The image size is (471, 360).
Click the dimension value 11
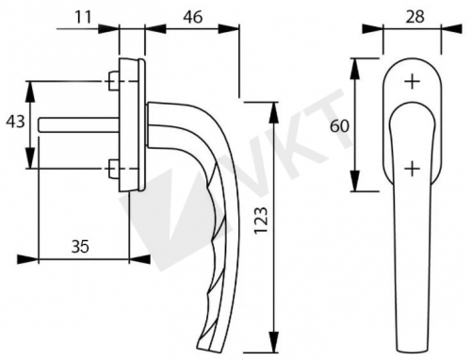[x=83, y=17]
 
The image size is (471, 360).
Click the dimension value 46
[x=192, y=17]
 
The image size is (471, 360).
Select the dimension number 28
[x=414, y=17]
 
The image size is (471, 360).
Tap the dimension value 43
[x=16, y=122]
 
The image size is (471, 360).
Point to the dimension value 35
[x=80, y=247]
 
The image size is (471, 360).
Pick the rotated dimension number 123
[x=261, y=221]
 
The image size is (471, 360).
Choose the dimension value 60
[x=339, y=126]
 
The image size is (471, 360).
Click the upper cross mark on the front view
[x=412, y=82]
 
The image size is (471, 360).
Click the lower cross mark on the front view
[x=412, y=170]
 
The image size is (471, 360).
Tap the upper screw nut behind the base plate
[x=113, y=81]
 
